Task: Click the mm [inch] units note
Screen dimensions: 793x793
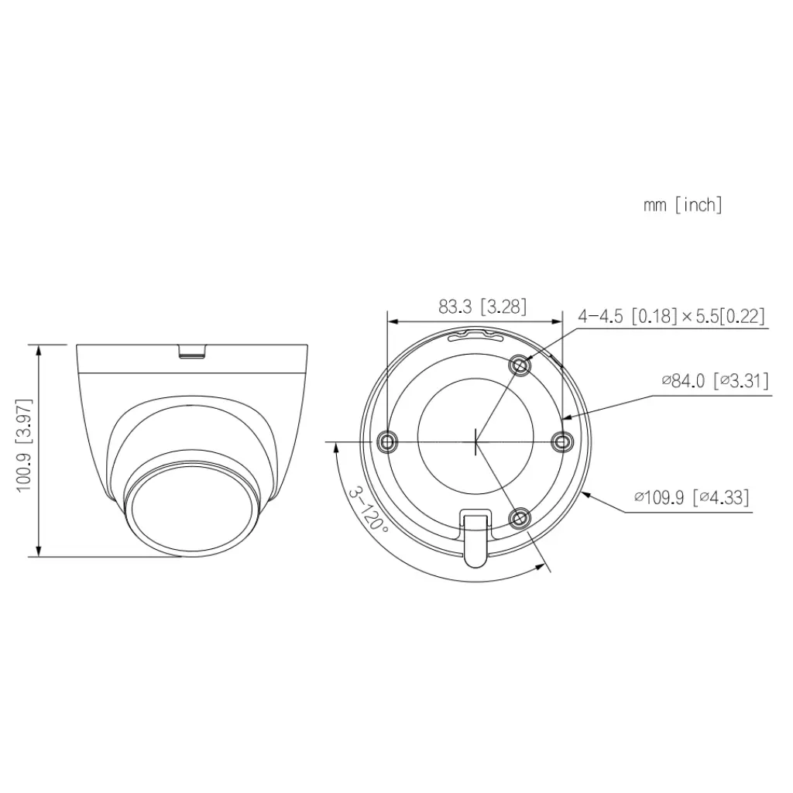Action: [x=682, y=205]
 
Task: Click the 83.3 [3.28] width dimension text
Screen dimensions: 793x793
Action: [x=482, y=307]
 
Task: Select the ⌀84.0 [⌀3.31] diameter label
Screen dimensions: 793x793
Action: [x=713, y=380]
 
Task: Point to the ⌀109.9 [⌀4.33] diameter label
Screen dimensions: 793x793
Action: [x=691, y=496]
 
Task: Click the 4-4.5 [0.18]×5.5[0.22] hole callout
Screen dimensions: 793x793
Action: [x=671, y=316]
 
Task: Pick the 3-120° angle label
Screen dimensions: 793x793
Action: [x=369, y=508]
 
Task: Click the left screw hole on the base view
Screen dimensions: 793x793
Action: [x=387, y=442]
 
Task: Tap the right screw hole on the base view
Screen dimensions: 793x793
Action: [x=561, y=441]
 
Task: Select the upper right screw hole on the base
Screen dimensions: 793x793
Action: [x=520, y=365]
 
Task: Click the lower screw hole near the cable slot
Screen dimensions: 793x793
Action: [x=520, y=517]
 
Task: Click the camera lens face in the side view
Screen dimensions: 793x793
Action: [x=189, y=511]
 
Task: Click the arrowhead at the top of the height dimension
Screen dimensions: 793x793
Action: [x=39, y=347]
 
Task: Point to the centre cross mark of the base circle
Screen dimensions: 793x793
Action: [x=475, y=442]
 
